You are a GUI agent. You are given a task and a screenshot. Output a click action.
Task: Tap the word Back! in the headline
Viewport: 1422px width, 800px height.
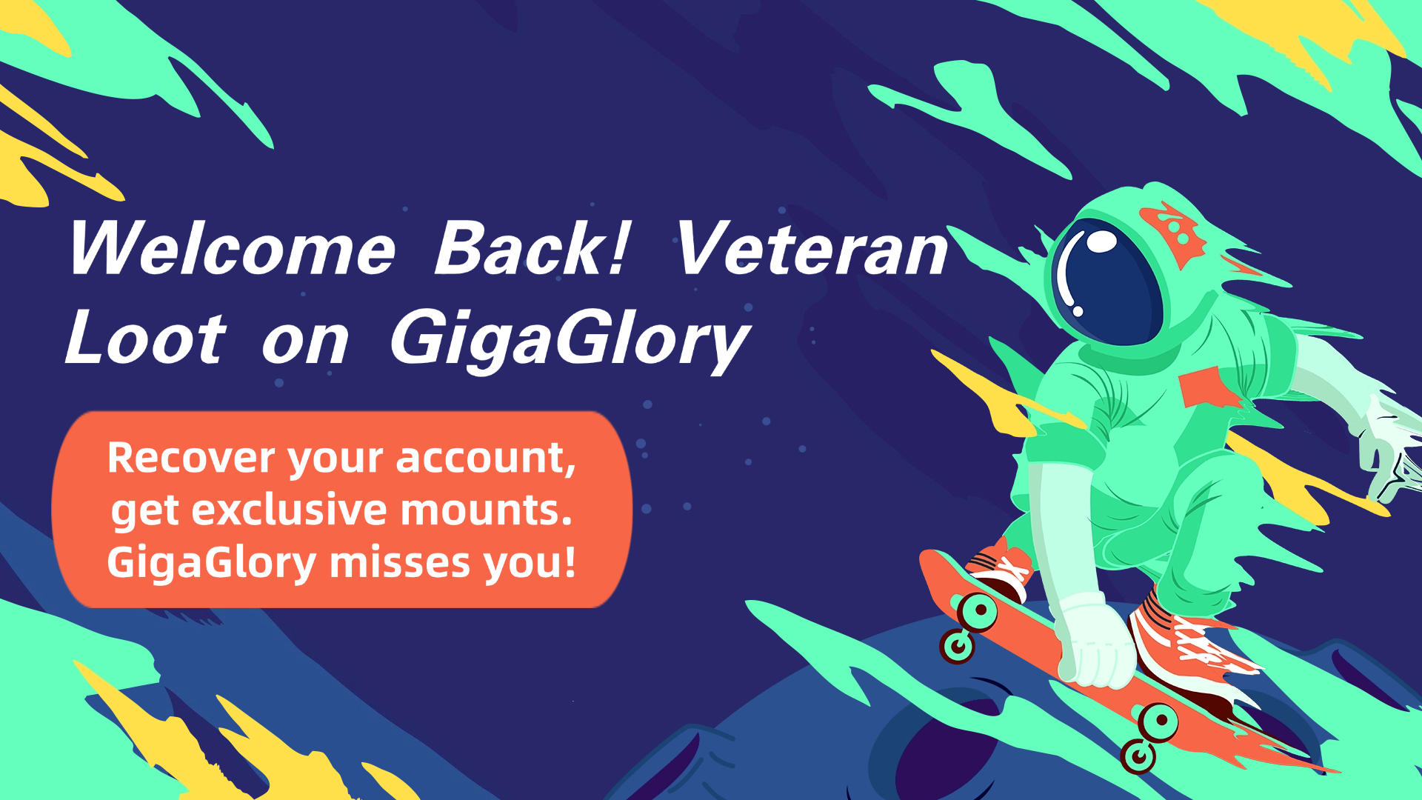[x=532, y=248]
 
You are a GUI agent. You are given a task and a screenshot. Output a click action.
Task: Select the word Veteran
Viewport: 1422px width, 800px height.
[x=811, y=248]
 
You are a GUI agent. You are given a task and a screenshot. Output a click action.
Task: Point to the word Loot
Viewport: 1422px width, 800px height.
[x=145, y=338]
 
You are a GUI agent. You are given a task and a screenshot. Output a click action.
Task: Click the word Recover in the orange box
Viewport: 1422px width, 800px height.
[x=191, y=458]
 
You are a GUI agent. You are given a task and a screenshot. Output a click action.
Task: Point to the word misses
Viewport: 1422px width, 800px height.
[x=400, y=563]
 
